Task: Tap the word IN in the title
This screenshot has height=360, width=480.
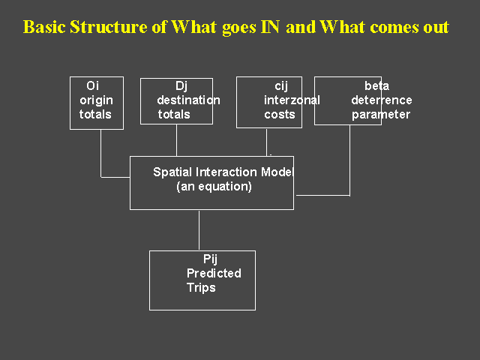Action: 270,27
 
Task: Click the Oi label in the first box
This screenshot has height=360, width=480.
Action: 93,85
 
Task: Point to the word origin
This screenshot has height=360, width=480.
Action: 97,100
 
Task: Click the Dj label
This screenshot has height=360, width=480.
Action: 181,86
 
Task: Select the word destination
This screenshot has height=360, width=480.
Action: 188,100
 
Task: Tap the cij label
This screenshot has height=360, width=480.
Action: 281,86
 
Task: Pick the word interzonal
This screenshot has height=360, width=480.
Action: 292,100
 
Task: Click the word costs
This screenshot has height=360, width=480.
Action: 280,115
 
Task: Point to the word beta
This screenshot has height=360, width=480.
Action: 376,85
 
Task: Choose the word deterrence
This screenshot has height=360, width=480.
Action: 382,100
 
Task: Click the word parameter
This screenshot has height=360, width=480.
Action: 381,115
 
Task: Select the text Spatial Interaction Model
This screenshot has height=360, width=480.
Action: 223,172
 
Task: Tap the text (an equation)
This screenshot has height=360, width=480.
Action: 214,187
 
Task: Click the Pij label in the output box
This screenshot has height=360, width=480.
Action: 210,259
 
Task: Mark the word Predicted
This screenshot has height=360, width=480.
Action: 214,273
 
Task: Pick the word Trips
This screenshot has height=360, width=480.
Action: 201,288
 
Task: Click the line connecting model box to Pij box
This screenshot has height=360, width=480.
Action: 199,230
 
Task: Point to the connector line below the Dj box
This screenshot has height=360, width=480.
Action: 176,140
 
